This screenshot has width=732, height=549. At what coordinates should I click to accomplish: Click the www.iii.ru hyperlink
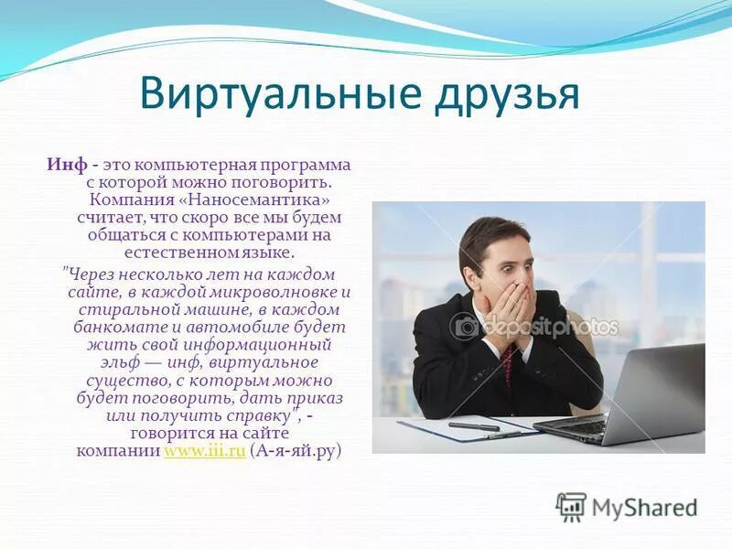click(x=204, y=452)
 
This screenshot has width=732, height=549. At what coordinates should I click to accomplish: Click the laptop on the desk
click(x=640, y=393)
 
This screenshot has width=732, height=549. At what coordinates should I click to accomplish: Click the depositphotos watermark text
click(x=549, y=327)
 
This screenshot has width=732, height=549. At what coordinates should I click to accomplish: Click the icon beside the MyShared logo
click(x=572, y=507)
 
